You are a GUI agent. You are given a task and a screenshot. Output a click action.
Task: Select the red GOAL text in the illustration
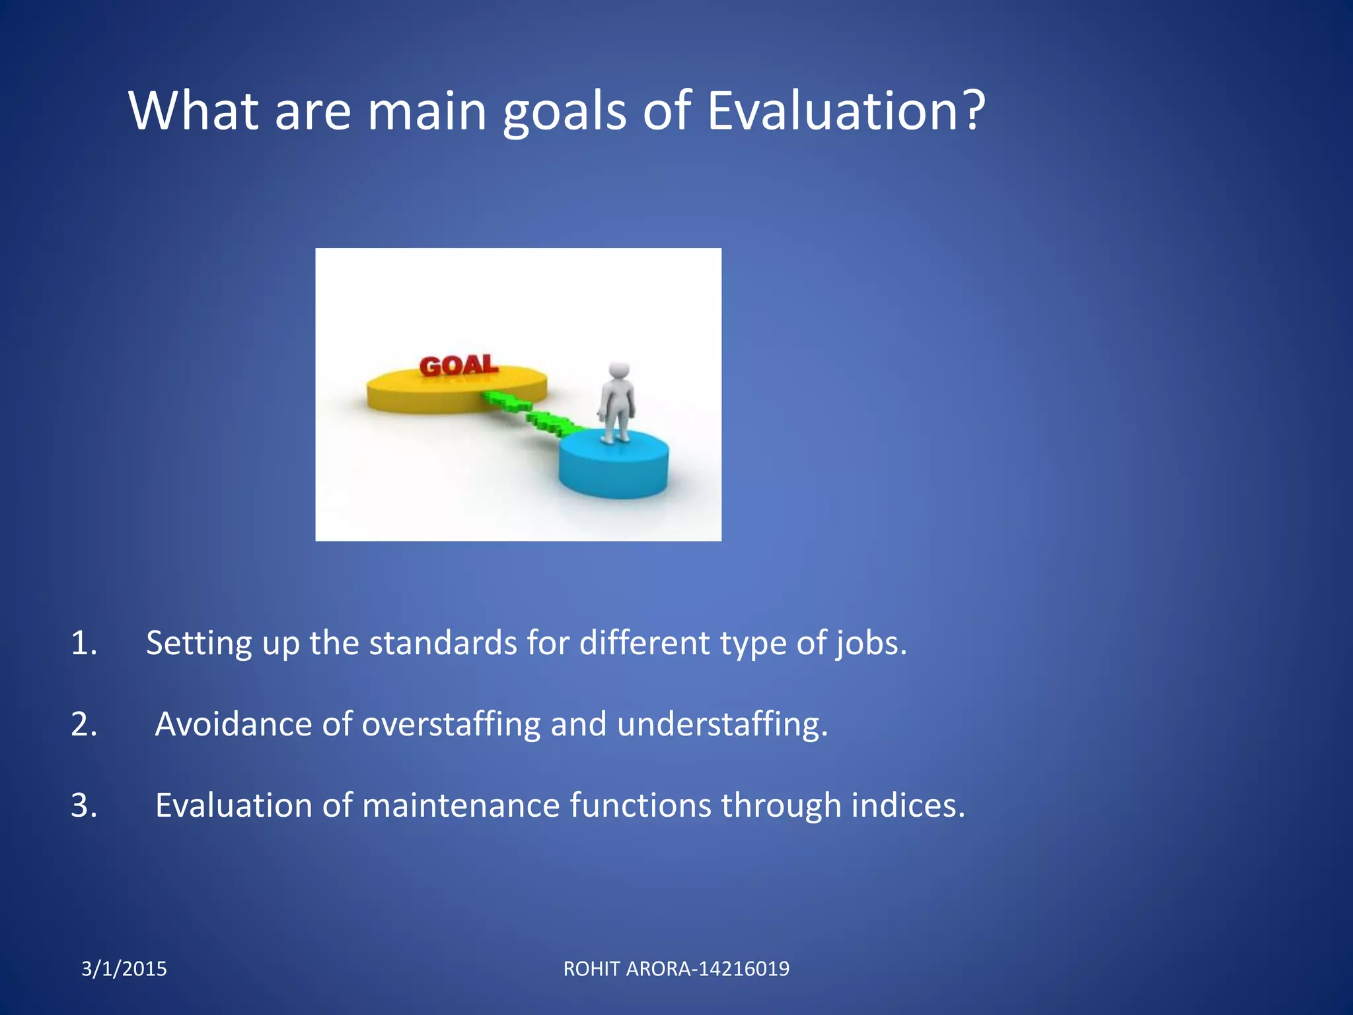click(458, 365)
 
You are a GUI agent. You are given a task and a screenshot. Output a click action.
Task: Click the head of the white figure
click(619, 370)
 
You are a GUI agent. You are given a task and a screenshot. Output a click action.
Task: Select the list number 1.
click(83, 643)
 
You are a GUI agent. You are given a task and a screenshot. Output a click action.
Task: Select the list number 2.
click(83, 724)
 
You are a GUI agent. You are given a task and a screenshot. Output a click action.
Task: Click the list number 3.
click(83, 806)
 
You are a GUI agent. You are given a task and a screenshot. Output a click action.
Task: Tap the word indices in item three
click(908, 806)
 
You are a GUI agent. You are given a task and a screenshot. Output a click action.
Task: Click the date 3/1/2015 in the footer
click(124, 969)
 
